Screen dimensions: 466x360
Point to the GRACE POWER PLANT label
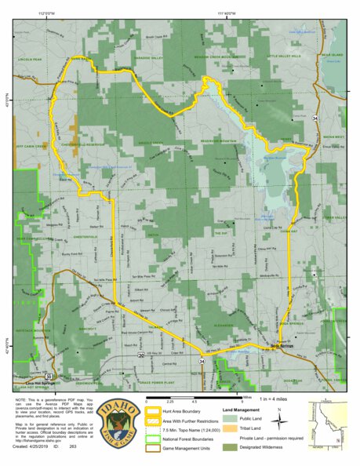click(x=154, y=382)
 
